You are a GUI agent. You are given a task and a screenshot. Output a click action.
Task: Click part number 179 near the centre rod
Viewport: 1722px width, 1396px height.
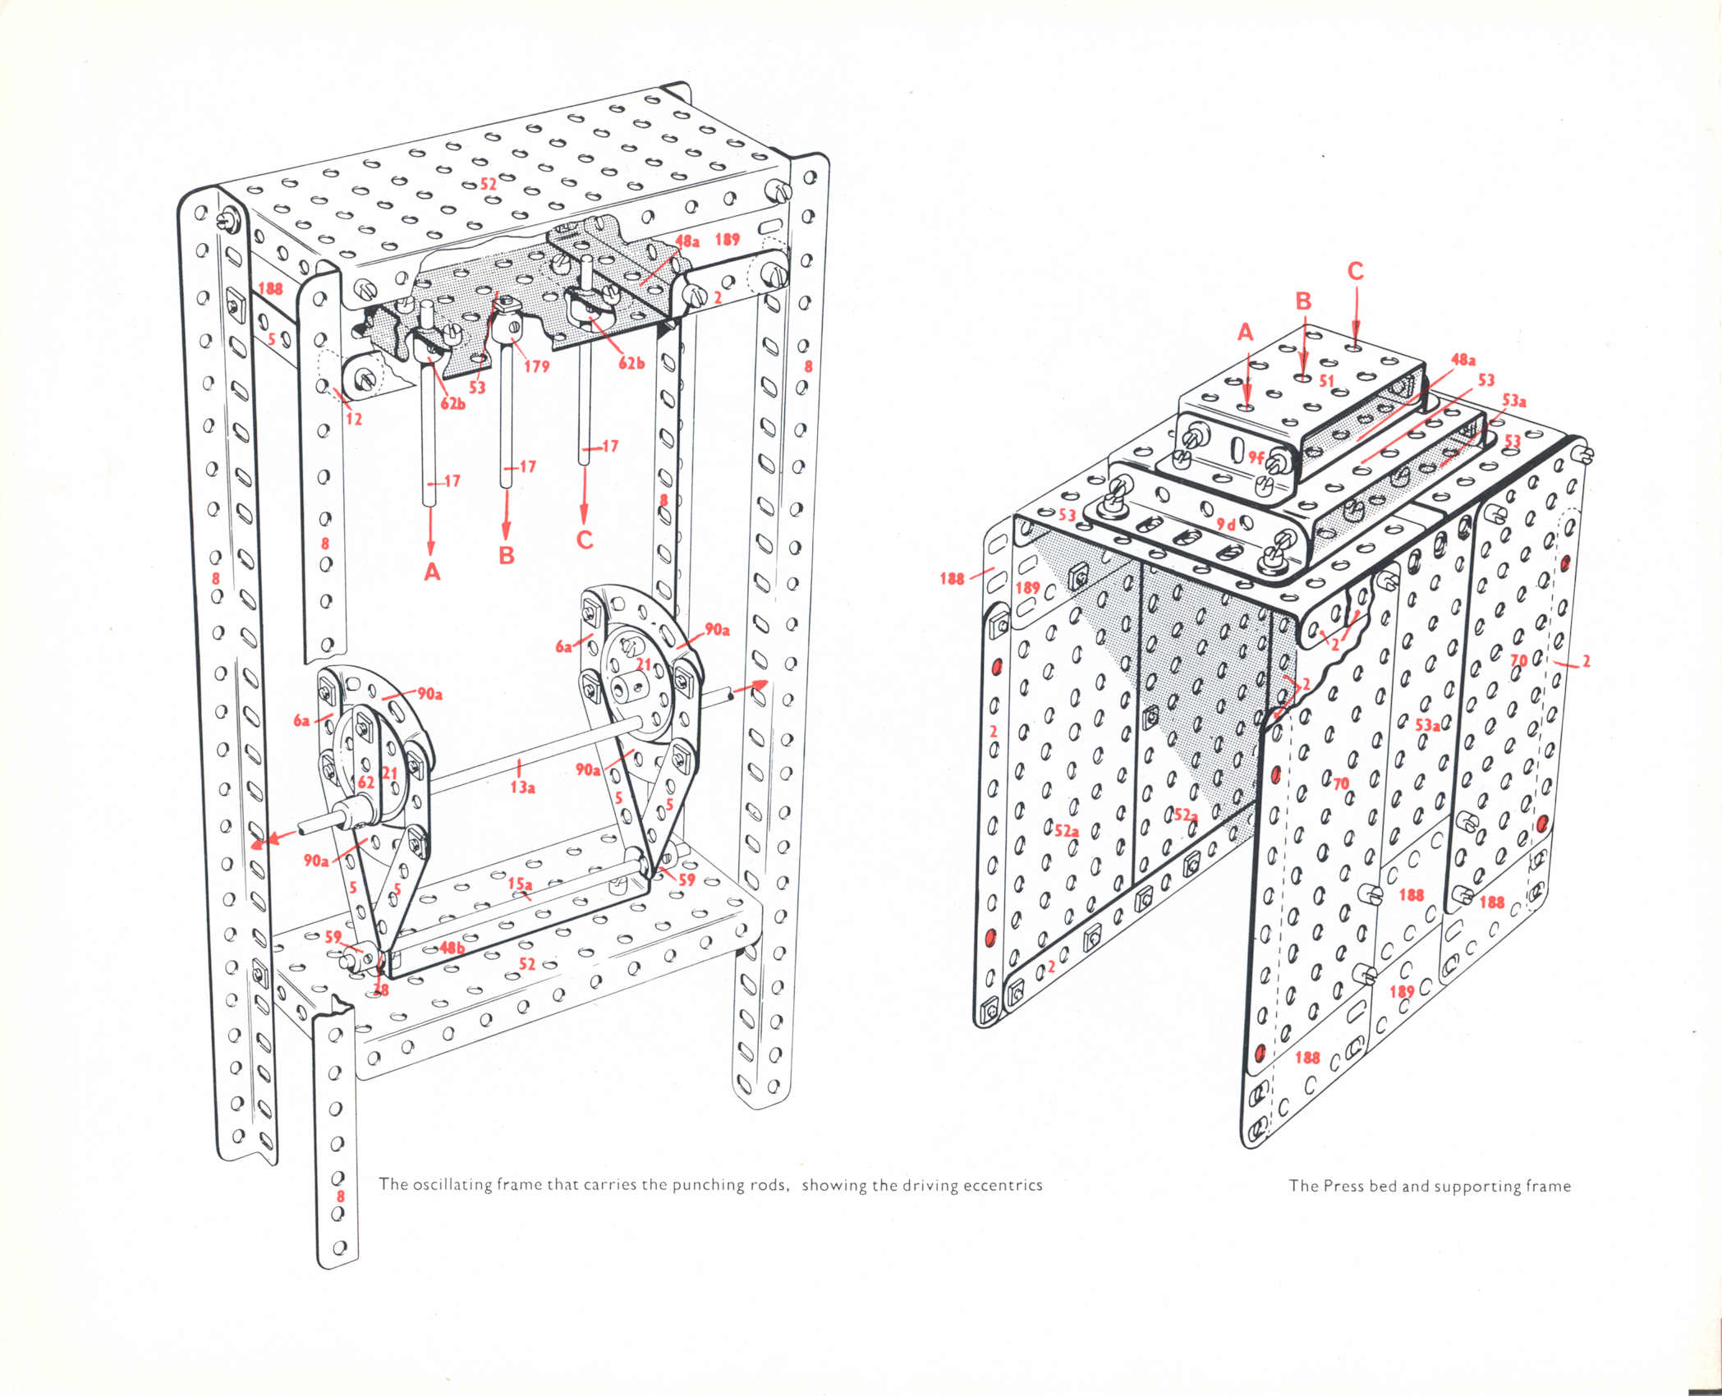coord(536,366)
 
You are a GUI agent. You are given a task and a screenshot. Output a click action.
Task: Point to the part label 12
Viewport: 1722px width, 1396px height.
coord(353,418)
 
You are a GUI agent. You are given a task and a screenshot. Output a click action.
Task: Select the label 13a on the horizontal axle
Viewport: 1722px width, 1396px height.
coord(523,788)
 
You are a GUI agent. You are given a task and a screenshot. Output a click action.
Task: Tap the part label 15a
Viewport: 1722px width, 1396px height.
coord(520,883)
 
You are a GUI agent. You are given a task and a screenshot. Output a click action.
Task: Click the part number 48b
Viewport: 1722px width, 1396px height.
coord(452,947)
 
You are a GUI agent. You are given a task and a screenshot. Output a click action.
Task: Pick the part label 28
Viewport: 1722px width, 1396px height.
coord(381,990)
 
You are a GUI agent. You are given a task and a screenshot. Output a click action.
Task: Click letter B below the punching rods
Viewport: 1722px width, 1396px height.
coord(507,555)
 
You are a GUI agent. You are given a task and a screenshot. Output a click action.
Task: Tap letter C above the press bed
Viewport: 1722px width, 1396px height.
coord(1355,271)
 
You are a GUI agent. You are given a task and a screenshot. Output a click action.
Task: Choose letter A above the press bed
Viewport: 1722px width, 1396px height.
coord(1246,332)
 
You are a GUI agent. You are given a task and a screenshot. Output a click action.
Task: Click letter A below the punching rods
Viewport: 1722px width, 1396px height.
coord(432,572)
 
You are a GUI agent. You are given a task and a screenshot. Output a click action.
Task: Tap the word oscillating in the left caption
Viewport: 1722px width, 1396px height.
coord(447,1186)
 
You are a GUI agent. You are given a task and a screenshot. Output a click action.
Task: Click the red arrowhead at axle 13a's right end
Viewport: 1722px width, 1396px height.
coord(759,683)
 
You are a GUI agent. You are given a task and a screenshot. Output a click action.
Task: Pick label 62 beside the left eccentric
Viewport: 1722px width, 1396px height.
coord(365,782)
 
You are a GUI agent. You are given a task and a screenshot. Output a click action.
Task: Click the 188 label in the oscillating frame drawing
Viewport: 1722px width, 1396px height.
coord(269,288)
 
